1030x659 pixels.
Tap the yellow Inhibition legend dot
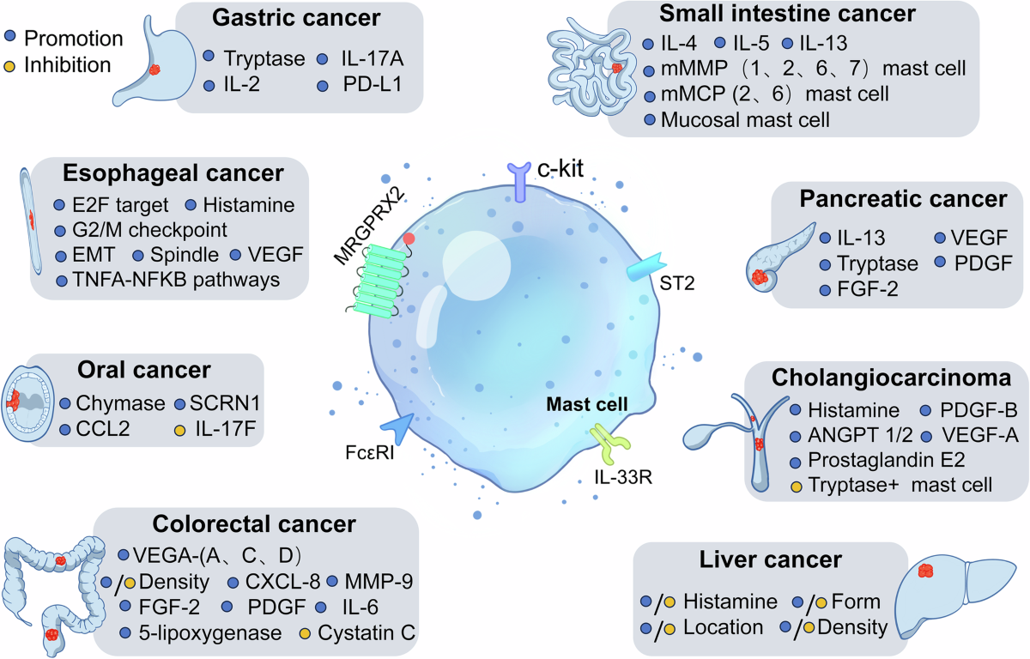coord(9,64)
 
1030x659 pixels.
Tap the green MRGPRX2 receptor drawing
coord(370,274)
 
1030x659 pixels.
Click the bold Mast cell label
coord(591,402)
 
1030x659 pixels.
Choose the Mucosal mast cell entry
coord(746,118)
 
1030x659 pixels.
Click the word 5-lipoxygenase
coord(210,633)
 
